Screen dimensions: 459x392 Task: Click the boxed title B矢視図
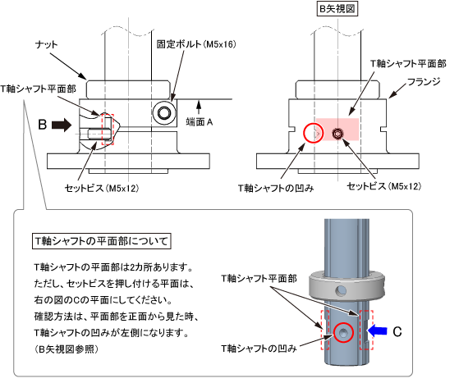(x=337, y=9)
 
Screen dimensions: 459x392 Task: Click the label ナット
(x=46, y=44)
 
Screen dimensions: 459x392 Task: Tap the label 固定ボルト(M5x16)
(x=196, y=44)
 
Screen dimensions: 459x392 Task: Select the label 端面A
(x=200, y=122)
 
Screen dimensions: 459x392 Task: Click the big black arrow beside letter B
(x=62, y=125)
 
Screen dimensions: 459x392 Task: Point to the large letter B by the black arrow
(x=43, y=125)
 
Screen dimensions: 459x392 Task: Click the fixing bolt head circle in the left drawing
(x=164, y=113)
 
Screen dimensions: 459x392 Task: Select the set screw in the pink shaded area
(x=337, y=134)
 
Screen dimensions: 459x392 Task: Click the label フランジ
(x=424, y=82)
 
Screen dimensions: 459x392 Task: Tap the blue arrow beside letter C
(x=377, y=331)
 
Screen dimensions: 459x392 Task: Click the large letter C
(x=397, y=332)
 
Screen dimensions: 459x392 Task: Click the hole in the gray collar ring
(x=341, y=290)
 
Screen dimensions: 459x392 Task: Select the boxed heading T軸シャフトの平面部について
(x=101, y=241)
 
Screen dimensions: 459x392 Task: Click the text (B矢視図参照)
(x=67, y=349)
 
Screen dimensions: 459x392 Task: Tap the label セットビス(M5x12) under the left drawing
(x=102, y=189)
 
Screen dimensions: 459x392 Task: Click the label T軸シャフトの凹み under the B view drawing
(x=276, y=189)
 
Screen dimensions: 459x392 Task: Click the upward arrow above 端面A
(x=199, y=107)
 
